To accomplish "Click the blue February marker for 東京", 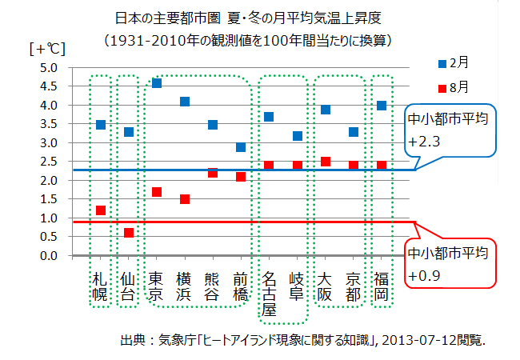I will tap(157, 83).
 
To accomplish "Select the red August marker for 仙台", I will tap(129, 233).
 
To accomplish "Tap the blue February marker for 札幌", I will tap(100, 125).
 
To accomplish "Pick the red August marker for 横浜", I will tap(185, 199).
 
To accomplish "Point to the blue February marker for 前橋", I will tap(241, 147).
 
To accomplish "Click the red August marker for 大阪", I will tap(325, 162).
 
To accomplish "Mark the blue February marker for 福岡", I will tap(382, 106).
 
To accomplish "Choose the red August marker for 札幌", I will tap(100, 210).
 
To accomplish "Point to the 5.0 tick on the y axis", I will tap(47, 68).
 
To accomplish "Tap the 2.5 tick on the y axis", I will tap(47, 162).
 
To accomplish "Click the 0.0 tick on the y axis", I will tap(47, 256).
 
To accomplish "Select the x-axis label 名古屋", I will tap(269, 292).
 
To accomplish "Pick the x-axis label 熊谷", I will tap(213, 286).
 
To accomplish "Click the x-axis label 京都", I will tap(354, 286).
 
